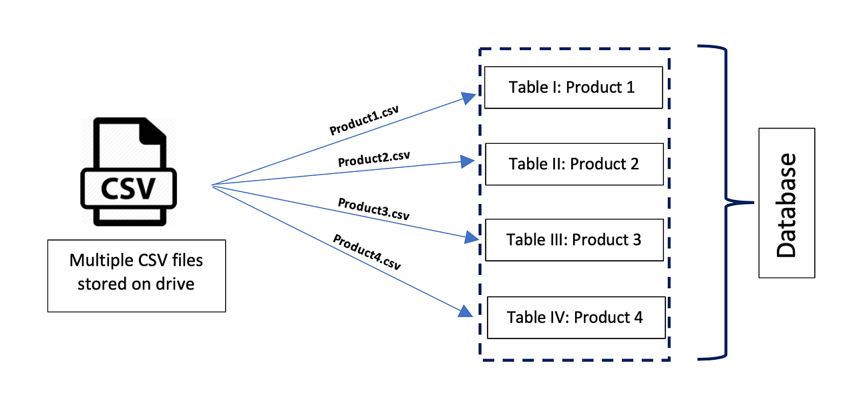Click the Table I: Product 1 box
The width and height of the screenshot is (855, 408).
click(573, 87)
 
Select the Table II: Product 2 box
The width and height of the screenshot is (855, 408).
click(574, 164)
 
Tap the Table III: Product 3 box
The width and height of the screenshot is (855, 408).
click(574, 239)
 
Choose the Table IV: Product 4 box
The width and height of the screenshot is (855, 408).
click(576, 317)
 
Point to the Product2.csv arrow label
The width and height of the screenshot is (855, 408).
click(373, 159)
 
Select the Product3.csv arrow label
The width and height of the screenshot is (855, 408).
click(373, 209)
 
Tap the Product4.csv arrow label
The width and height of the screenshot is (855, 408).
click(367, 251)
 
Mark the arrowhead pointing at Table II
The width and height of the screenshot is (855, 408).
click(470, 161)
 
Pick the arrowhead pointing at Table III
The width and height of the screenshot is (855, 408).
click(472, 237)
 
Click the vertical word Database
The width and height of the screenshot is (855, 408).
click(786, 205)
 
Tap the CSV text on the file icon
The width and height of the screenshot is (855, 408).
click(128, 189)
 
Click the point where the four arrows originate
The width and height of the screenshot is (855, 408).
click(212, 185)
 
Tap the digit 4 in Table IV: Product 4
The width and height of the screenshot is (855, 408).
click(637, 317)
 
